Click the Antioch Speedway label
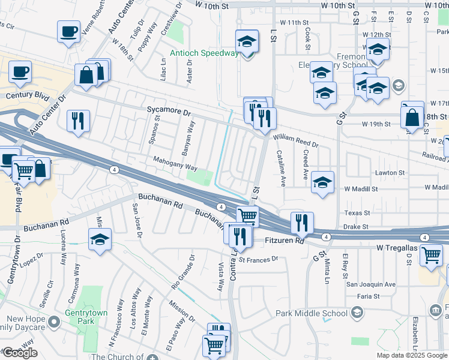(x=204, y=53)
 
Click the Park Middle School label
(x=312, y=313)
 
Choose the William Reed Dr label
(x=297, y=141)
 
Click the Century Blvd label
(x=27, y=95)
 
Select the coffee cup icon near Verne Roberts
(x=69, y=31)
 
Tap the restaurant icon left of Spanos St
(x=78, y=121)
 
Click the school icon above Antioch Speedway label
(x=246, y=42)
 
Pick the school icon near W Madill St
(x=322, y=183)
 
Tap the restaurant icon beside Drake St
(x=302, y=223)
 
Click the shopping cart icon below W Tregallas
(x=431, y=255)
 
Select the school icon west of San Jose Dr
(x=99, y=240)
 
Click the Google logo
(x=20, y=353)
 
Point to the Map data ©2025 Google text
(x=411, y=355)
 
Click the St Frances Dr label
(x=259, y=259)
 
